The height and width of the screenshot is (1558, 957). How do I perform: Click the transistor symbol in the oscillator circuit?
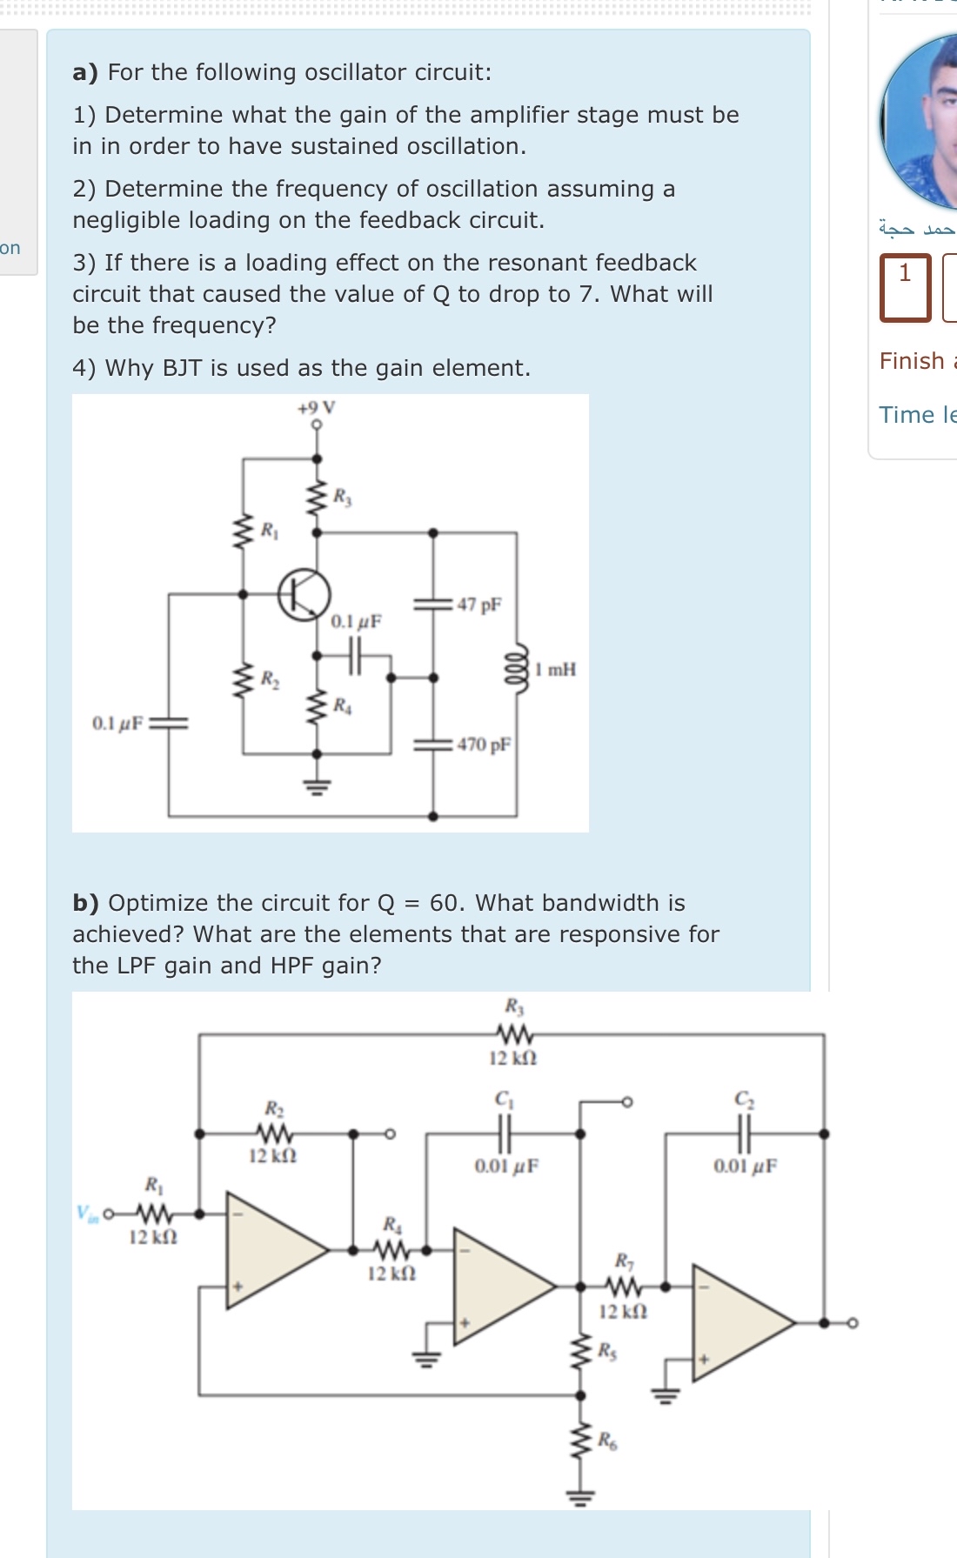coord(304,594)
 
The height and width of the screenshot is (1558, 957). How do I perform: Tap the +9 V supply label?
coord(316,407)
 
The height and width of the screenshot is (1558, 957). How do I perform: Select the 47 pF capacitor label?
coord(479,605)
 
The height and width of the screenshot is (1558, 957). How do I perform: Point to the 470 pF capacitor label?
coord(484,745)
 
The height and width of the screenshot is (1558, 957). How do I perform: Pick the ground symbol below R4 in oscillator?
coord(317,787)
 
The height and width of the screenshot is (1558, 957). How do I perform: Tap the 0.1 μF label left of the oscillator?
coord(117,723)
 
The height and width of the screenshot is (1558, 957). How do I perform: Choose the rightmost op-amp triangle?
coord(739,1322)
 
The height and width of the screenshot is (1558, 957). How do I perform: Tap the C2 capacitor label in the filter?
coord(743,1100)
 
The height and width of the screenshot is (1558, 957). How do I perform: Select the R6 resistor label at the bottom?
coord(607,1441)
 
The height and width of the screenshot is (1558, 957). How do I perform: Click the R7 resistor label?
coord(624,1260)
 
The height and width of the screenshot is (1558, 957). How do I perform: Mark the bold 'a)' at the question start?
coord(85,72)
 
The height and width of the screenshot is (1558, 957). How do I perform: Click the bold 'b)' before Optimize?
coord(85,903)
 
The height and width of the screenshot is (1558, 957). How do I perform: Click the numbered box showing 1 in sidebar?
coord(905,287)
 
